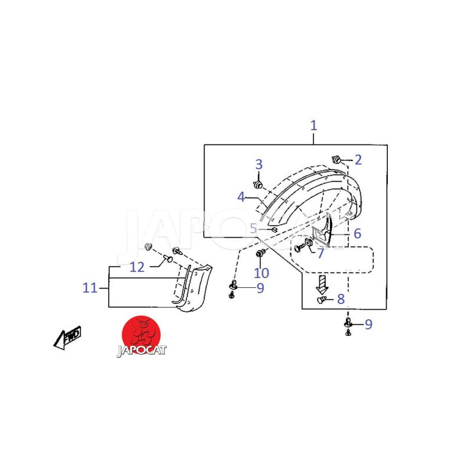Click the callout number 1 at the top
point(314,125)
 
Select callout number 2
point(358,160)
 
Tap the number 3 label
point(259,165)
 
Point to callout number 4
point(241,197)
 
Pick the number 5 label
point(254,229)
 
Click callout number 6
point(357,234)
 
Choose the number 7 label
point(320,254)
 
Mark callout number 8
point(341,299)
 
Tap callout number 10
point(261,273)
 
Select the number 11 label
point(90,288)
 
